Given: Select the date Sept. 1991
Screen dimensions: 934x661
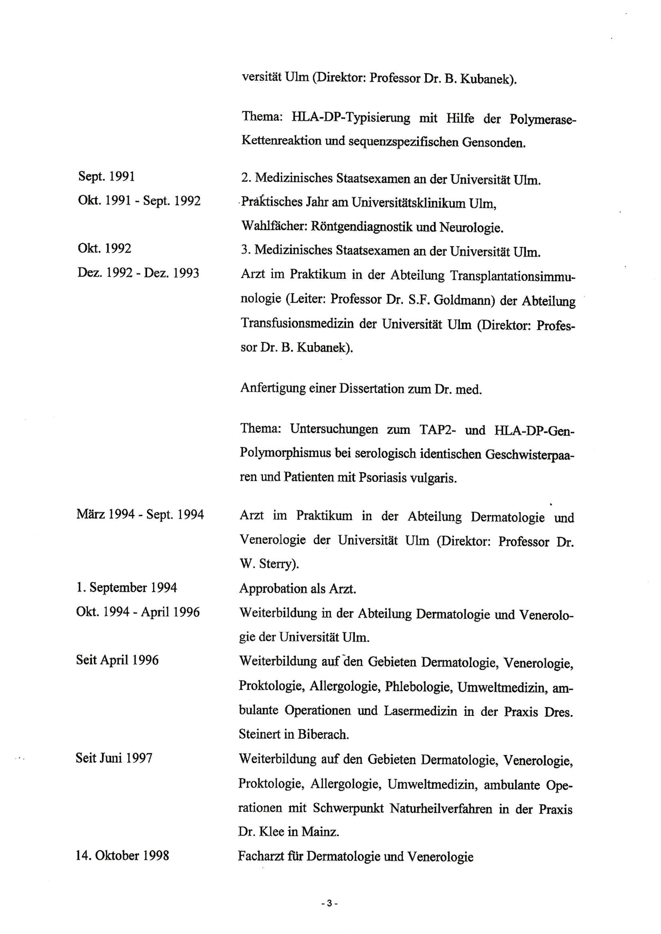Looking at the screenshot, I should tap(107, 177).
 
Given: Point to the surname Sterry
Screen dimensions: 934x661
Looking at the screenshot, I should tap(277, 564).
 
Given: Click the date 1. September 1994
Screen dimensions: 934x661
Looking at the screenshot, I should tap(127, 587).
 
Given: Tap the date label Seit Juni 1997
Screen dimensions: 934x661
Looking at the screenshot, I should tap(114, 758).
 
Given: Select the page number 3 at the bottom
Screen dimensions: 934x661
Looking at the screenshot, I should tap(329, 903).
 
